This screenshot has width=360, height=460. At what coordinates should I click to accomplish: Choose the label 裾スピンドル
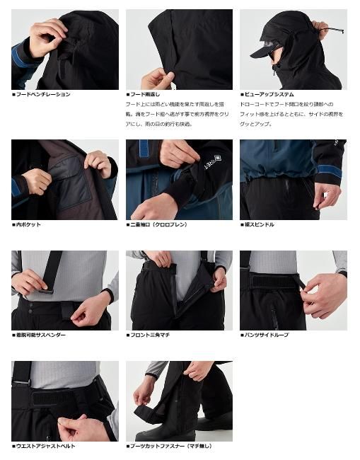[x=261, y=224]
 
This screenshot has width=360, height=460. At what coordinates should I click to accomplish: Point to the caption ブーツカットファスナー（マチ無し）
[x=172, y=446]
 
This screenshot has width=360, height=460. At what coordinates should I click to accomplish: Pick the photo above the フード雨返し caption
[x=179, y=49]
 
